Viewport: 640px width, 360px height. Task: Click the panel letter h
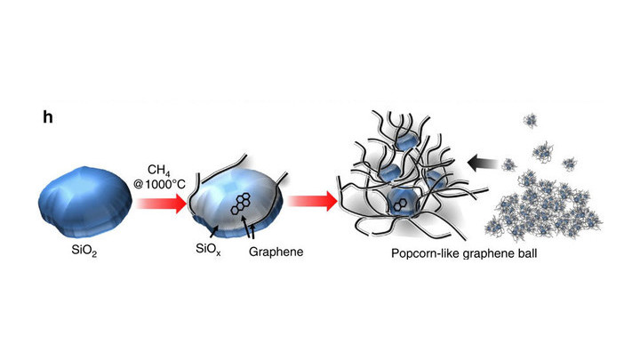coord(48,117)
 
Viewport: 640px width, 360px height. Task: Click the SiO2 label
coord(84,250)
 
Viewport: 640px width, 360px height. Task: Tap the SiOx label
coord(208,249)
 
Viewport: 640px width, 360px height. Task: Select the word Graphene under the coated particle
coord(276,252)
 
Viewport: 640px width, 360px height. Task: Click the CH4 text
coord(159,171)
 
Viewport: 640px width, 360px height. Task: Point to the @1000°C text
coord(159,185)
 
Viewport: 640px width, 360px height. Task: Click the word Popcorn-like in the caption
coord(426,253)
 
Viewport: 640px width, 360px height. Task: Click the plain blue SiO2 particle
coord(85,202)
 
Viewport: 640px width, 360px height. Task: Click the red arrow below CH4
coord(161,204)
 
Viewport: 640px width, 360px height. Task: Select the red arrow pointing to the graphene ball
coord(313,201)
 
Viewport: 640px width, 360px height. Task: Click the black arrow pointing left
coord(483,164)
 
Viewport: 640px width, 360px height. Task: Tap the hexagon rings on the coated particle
coord(241,204)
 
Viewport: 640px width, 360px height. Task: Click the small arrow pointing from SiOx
coord(213,232)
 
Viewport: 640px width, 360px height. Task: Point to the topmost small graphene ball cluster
coord(531,120)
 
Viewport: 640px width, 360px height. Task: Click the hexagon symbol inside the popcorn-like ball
coord(398,206)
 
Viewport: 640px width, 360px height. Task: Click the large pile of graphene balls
coord(544,207)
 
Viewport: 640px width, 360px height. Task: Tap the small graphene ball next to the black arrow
coord(509,165)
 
